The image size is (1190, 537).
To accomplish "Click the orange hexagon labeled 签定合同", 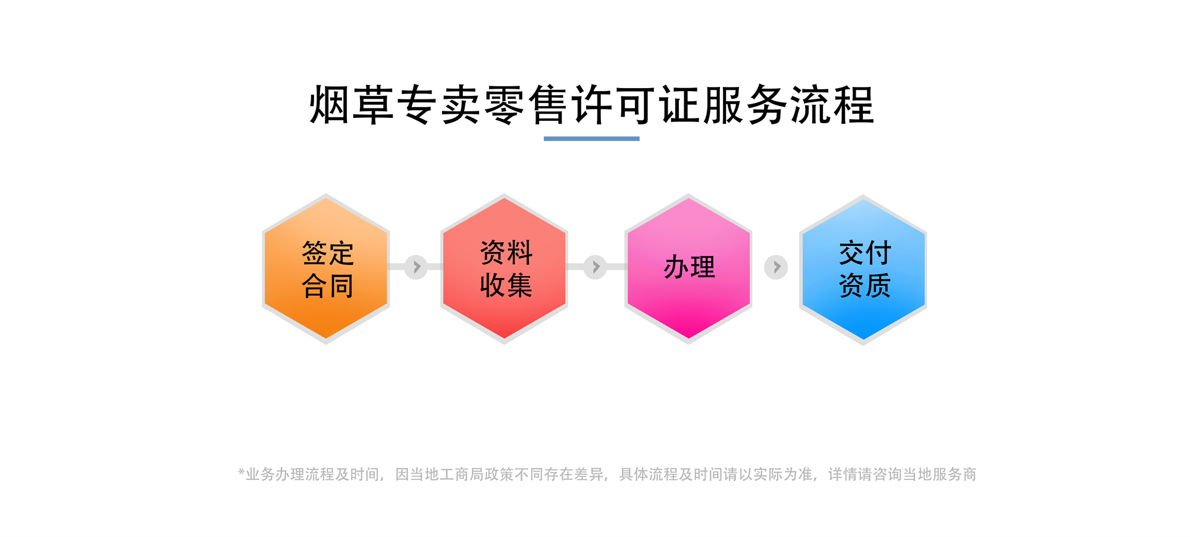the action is (326, 268).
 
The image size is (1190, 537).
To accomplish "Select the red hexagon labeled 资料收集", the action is (504, 268).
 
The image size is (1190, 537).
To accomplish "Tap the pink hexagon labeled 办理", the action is (688, 268).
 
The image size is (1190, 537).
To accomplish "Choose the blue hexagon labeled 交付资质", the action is (863, 270).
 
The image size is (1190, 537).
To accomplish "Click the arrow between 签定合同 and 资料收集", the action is (416, 267).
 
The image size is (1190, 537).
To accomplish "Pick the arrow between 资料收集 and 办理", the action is (595, 267).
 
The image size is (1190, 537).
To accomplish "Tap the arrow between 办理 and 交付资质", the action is (776, 267).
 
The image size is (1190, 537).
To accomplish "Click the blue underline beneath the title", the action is (591, 139).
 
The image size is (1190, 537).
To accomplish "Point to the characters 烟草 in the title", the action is (352, 105).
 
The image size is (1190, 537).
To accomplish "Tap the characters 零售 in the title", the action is (527, 105).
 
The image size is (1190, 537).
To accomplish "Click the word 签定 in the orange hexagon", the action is (328, 253).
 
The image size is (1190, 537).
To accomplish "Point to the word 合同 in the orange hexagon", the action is (328, 286).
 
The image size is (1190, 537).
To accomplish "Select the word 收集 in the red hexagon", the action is (506, 285).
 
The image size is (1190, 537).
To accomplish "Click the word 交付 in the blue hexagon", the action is (865, 253).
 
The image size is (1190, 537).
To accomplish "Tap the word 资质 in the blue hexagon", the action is (865, 285).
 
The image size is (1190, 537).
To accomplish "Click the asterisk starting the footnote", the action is (242, 472).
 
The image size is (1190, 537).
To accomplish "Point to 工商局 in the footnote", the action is (462, 474).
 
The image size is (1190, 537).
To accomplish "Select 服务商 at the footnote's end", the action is (955, 474).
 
